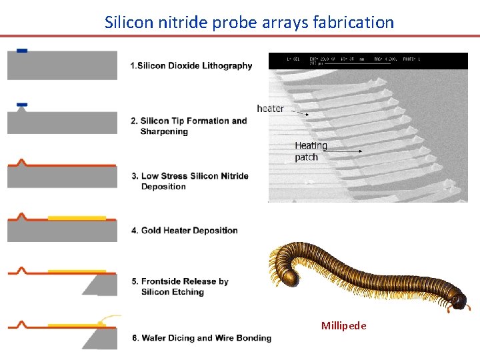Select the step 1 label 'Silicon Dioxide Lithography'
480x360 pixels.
click(191, 65)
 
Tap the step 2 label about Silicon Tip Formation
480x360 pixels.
click(189, 126)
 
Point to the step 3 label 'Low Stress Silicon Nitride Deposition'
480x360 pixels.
click(190, 181)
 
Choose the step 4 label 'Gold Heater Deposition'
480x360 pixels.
click(185, 231)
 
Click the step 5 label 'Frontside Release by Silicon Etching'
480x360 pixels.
click(180, 287)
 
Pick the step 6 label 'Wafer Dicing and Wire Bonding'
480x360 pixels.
click(201, 338)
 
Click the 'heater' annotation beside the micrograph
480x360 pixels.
click(270, 109)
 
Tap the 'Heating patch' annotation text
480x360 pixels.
click(311, 151)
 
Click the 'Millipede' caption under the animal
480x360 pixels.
click(343, 326)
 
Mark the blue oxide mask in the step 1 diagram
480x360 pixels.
click(22, 51)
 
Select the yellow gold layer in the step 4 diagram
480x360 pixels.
click(77, 217)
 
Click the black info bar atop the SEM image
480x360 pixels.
click(367, 61)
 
